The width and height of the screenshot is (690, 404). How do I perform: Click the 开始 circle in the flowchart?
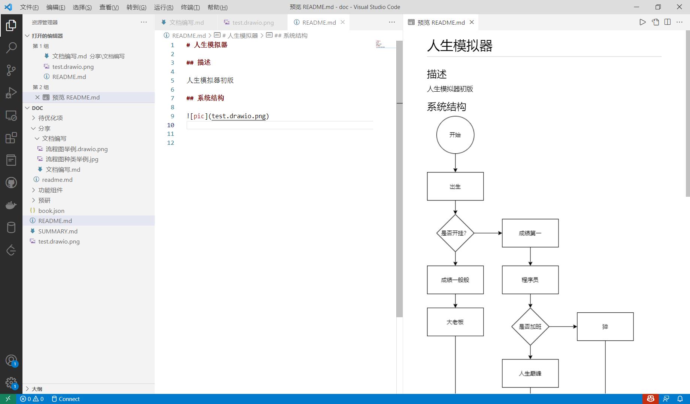(x=455, y=135)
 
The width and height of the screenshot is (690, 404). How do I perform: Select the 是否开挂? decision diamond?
(x=455, y=233)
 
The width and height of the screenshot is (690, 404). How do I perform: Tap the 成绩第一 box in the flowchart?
(x=530, y=233)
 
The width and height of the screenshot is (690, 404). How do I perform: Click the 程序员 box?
(x=530, y=280)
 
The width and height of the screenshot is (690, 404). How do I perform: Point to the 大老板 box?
(x=455, y=322)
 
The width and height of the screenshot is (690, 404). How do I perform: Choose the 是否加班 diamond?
(x=530, y=327)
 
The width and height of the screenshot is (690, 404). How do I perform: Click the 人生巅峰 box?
(x=530, y=373)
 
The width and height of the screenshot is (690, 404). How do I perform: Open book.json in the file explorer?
(x=51, y=211)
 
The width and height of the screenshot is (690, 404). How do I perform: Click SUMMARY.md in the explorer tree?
(x=58, y=231)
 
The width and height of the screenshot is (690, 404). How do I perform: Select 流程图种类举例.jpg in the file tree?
(x=72, y=159)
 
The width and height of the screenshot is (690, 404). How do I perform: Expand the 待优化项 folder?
(x=50, y=118)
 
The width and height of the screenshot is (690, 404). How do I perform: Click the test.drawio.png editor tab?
(x=253, y=22)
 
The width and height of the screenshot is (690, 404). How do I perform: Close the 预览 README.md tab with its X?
(x=472, y=22)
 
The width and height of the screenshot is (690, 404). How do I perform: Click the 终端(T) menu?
(x=190, y=7)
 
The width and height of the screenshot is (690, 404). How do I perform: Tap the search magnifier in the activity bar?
(x=11, y=48)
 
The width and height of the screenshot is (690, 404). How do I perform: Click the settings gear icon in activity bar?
(x=11, y=382)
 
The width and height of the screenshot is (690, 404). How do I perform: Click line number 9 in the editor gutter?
(x=172, y=116)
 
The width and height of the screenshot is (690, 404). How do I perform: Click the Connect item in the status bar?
(x=66, y=399)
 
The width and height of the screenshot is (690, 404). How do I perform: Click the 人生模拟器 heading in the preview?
(x=460, y=46)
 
